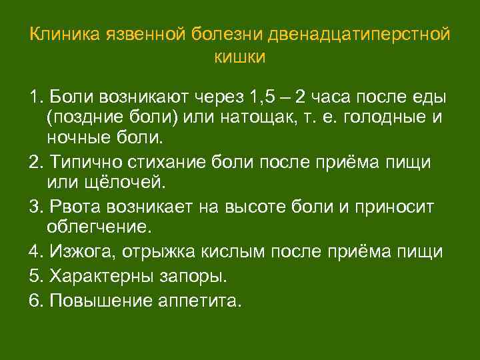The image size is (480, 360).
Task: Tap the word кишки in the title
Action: click(x=239, y=57)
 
